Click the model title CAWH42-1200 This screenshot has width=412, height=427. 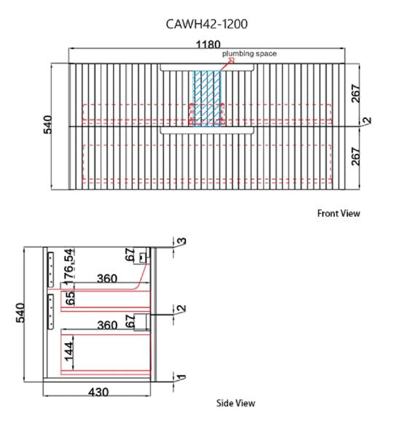tap(206, 24)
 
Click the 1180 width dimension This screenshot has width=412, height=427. tap(208, 45)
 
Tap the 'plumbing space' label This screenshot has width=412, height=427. tap(249, 53)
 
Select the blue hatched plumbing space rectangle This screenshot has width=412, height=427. tap(207, 99)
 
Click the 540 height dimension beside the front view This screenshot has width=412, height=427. tap(48, 125)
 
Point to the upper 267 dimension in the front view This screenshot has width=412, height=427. tap(355, 93)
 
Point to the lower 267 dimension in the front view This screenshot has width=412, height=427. tap(355, 156)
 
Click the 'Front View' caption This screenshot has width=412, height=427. tap(338, 213)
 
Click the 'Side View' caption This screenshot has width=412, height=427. tap(236, 403)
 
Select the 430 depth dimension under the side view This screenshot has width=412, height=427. tap(98, 392)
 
